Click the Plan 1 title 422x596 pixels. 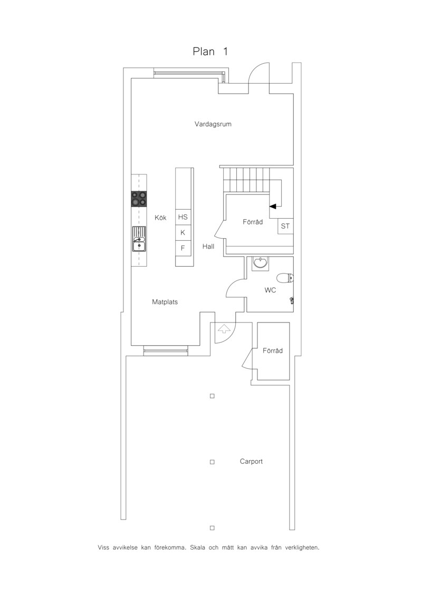click(x=210, y=51)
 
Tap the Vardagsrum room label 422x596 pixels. click(x=213, y=124)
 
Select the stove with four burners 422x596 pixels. click(x=139, y=199)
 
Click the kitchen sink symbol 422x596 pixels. click(x=139, y=239)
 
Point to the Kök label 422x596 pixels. click(x=160, y=218)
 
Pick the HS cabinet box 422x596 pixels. click(x=183, y=217)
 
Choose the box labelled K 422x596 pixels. click(x=183, y=232)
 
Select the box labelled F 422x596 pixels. click(x=183, y=248)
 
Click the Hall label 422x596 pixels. click(x=208, y=246)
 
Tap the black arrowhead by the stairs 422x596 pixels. click(x=273, y=206)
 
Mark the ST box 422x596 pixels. click(x=285, y=226)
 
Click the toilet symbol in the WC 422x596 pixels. click(x=285, y=278)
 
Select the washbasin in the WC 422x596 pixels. click(x=260, y=263)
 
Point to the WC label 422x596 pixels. click(x=270, y=290)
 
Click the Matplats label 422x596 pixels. click(x=165, y=302)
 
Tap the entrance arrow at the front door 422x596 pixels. click(x=224, y=328)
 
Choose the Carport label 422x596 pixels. click(x=251, y=462)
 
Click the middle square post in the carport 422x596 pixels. click(x=213, y=462)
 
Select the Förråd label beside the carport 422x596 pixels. click(x=273, y=350)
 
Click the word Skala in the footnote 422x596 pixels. click(x=198, y=548)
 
